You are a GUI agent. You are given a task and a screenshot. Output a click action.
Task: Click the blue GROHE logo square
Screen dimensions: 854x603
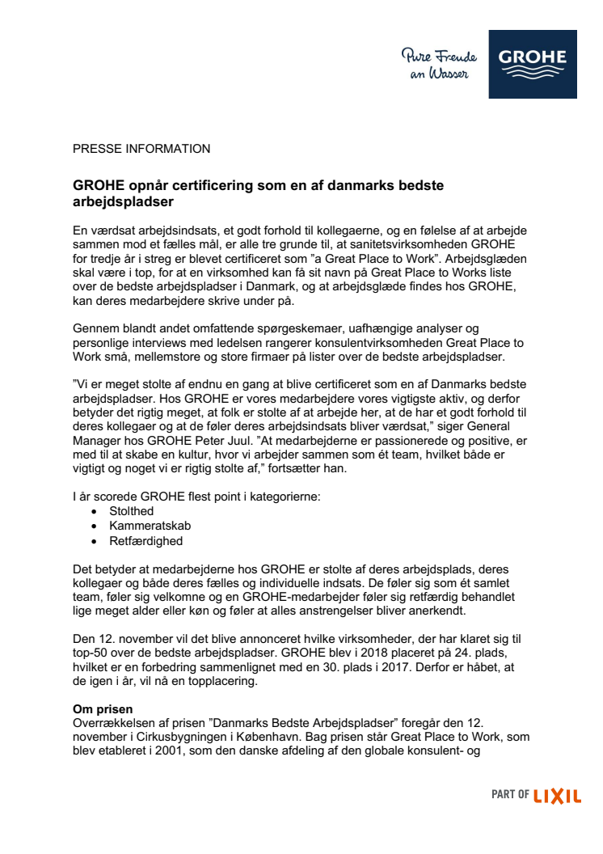533,64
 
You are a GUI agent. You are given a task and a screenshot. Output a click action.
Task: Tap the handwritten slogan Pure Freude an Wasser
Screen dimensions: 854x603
439,64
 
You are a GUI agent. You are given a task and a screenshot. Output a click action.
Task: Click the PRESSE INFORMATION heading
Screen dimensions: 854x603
141,149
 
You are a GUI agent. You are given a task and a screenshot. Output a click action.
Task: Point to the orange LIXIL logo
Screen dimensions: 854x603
558,796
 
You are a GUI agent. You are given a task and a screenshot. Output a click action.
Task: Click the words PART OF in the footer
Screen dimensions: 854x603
510,796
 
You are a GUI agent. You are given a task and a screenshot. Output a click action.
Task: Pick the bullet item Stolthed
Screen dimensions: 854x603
133,511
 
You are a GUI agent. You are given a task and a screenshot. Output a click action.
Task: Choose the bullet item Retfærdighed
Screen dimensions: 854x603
146,540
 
